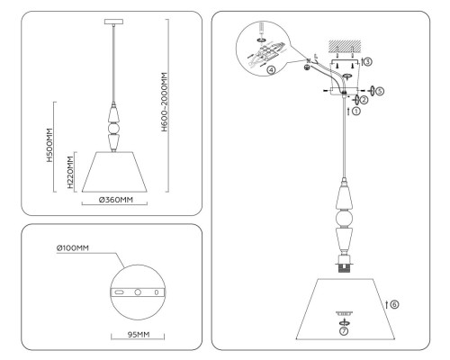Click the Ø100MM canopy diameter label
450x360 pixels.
click(x=72, y=244)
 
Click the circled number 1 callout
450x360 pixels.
click(x=355, y=112)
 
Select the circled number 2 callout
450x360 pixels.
click(x=364, y=100)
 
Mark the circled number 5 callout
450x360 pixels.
click(x=380, y=91)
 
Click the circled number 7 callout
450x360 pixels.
click(x=344, y=331)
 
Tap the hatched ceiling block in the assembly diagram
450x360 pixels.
click(x=344, y=45)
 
